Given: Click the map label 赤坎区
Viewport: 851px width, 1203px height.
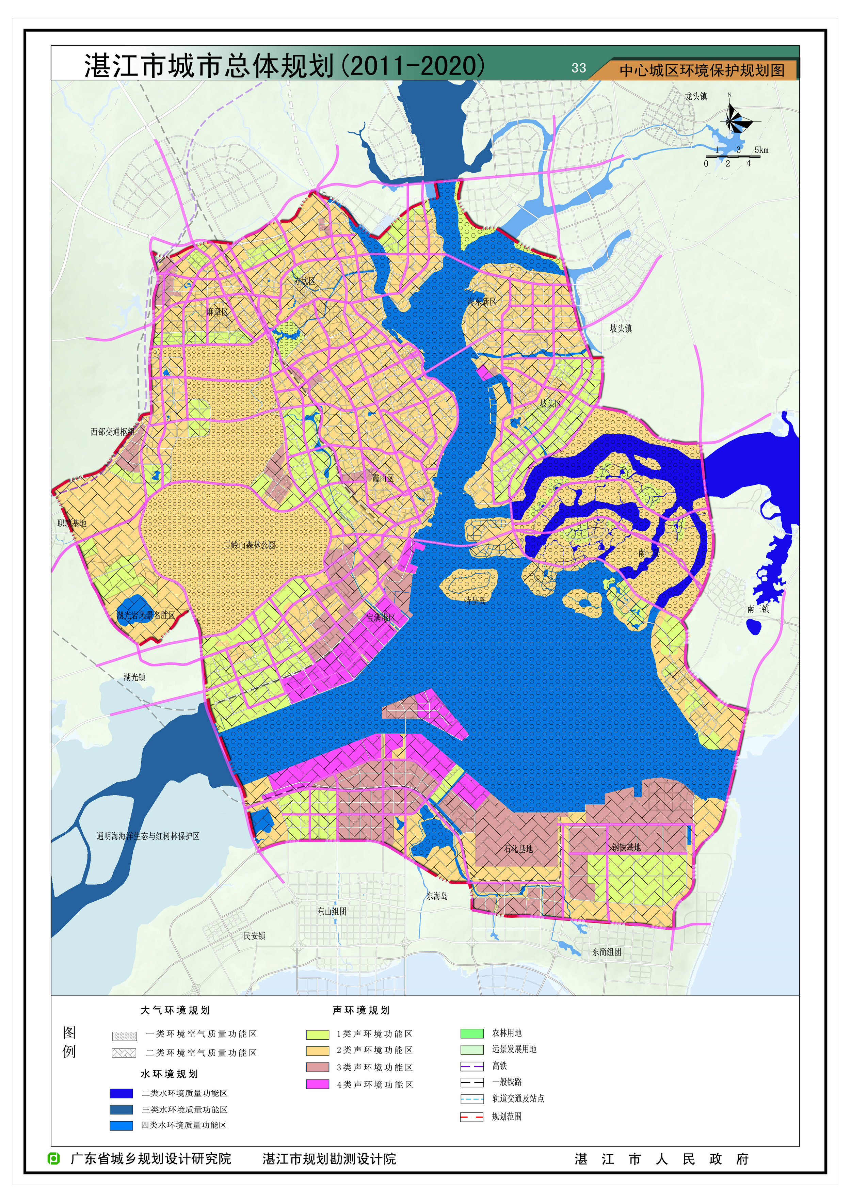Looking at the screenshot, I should click(x=304, y=281).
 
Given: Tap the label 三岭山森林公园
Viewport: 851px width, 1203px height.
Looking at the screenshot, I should click(x=250, y=545).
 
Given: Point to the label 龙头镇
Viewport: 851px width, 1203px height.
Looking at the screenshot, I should click(x=696, y=96).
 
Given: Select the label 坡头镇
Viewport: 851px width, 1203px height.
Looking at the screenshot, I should click(x=621, y=328).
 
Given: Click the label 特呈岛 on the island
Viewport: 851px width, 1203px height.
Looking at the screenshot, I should click(x=475, y=600).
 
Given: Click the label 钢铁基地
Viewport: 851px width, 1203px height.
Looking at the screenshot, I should click(x=626, y=847).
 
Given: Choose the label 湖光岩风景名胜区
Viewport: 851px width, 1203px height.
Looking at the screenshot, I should click(x=146, y=615).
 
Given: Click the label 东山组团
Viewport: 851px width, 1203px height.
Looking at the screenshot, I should click(x=331, y=911).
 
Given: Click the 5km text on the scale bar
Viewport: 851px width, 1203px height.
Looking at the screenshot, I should click(x=761, y=150).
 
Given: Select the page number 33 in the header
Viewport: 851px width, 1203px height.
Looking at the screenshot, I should click(x=579, y=68).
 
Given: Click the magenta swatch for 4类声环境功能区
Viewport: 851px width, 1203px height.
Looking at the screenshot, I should click(x=318, y=1084).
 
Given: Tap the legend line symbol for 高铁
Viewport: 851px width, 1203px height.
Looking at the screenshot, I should click(x=471, y=1066).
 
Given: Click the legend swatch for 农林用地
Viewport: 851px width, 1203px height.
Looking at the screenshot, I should click(x=471, y=1033).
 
